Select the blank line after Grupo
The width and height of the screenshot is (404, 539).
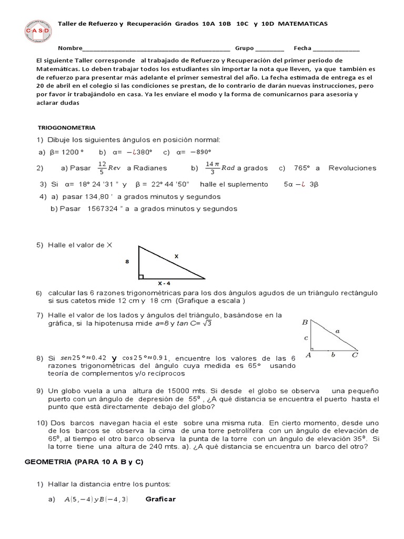coord(269,48)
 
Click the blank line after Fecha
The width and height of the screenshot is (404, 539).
coord(336,48)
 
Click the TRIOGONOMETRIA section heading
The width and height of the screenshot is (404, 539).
coord(67,127)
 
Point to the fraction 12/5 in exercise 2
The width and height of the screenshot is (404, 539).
coord(102,168)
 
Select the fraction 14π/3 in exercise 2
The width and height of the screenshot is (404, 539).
coord(211,168)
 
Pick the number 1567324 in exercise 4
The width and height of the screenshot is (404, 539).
coord(103,208)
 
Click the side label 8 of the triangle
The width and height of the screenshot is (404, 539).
coord(127,261)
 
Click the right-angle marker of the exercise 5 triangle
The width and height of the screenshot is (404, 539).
coord(141,276)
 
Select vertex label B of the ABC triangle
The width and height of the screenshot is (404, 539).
coord(305,322)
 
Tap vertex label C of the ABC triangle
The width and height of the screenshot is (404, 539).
coord(355,355)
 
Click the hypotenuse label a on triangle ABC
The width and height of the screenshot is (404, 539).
coord(337,331)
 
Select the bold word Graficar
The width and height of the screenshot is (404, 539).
coord(160,499)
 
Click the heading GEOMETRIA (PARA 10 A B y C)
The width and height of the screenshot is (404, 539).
coord(84,462)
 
